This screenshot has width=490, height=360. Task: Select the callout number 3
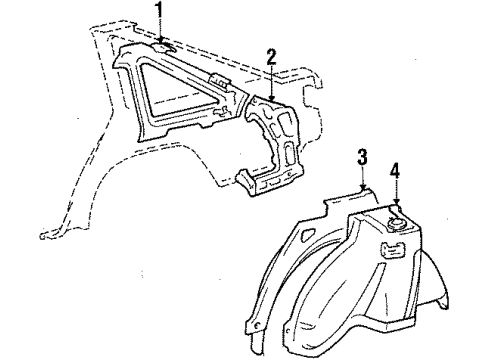pos(363,157)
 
